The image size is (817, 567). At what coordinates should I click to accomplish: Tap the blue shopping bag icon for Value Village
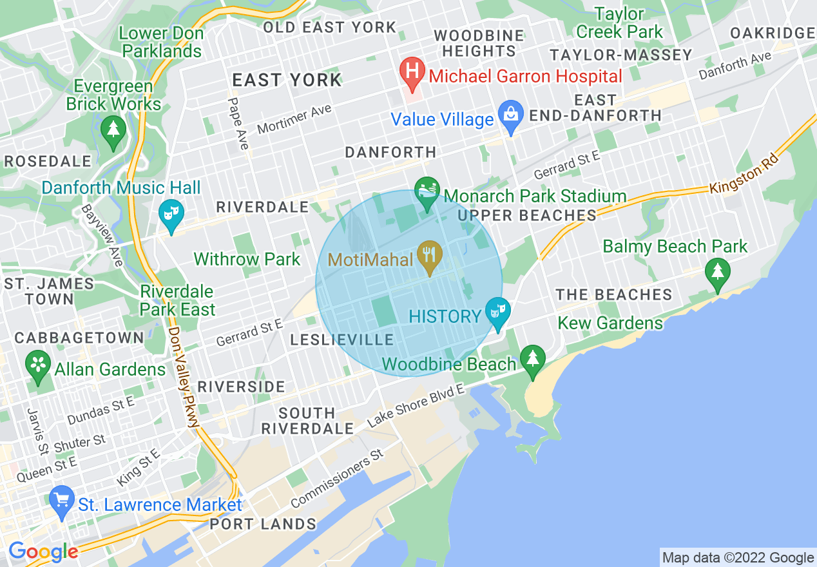pyautogui.click(x=510, y=117)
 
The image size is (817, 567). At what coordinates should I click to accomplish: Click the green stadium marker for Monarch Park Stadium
pyautogui.click(x=427, y=193)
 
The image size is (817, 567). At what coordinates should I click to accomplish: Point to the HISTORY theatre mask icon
pyautogui.click(x=497, y=312)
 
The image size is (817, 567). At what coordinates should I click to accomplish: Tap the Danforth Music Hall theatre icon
pyautogui.click(x=171, y=216)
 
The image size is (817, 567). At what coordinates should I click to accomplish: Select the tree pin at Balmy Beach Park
pyautogui.click(x=717, y=273)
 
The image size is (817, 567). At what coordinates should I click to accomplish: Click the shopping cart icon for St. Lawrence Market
pyautogui.click(x=62, y=501)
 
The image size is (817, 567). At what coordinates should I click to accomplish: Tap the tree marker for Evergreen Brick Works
pyautogui.click(x=113, y=131)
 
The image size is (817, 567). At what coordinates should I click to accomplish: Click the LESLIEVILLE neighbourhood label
pyautogui.click(x=341, y=340)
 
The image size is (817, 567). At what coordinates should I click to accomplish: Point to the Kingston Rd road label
pyautogui.click(x=744, y=175)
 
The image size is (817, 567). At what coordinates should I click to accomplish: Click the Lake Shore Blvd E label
pyautogui.click(x=416, y=407)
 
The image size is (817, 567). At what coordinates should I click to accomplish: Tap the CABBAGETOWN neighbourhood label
pyautogui.click(x=70, y=338)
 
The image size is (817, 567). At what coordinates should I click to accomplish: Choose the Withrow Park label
pyautogui.click(x=247, y=260)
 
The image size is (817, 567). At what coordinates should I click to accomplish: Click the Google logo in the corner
pyautogui.click(x=43, y=552)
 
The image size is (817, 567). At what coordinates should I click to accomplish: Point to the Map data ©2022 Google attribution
pyautogui.click(x=738, y=557)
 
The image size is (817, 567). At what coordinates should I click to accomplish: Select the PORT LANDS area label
pyautogui.click(x=263, y=524)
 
